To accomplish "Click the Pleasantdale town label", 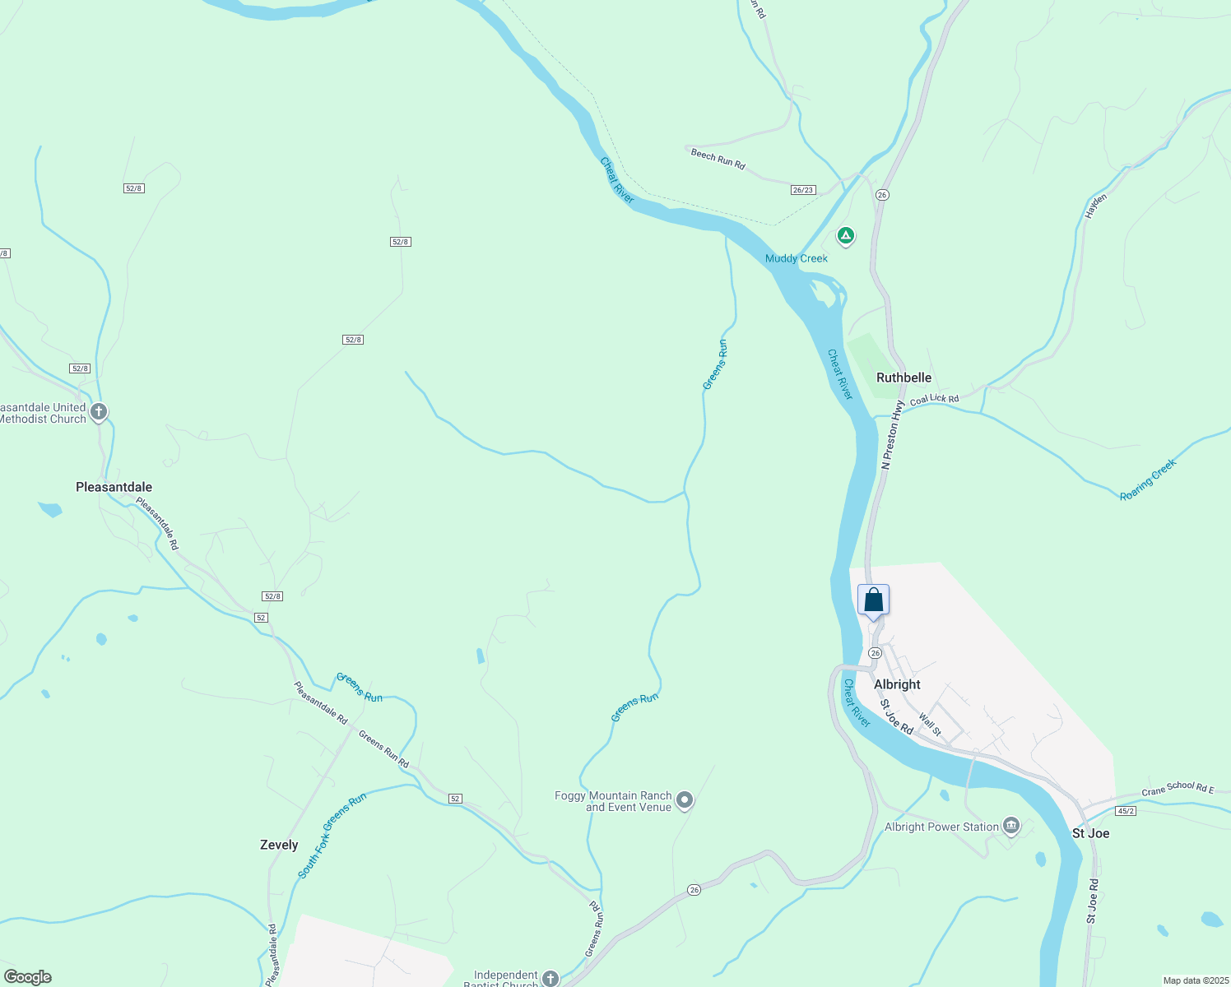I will pyautogui.click(x=114, y=487).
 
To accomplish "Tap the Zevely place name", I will pyautogui.click(x=279, y=845).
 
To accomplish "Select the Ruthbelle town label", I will pyautogui.click(x=904, y=378).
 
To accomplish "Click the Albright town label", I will pyautogui.click(x=897, y=684).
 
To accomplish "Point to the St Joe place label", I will pyautogui.click(x=1090, y=833).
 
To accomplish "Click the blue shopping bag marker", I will pyautogui.click(x=873, y=600).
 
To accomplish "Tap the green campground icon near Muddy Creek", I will pyautogui.click(x=845, y=236).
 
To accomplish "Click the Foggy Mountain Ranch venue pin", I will pyautogui.click(x=684, y=800).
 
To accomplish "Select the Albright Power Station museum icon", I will pyautogui.click(x=1011, y=826).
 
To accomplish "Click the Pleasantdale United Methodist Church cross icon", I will pyautogui.click(x=99, y=411).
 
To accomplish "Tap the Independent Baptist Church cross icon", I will pyautogui.click(x=550, y=978).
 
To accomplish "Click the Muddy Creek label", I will pyautogui.click(x=796, y=258).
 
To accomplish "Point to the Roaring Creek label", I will pyautogui.click(x=1148, y=480).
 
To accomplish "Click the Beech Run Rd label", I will pyautogui.click(x=718, y=159).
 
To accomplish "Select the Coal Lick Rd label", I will pyautogui.click(x=934, y=399).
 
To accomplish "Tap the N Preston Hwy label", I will pyautogui.click(x=892, y=435).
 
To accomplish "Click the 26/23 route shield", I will pyautogui.click(x=802, y=190).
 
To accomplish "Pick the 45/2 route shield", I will pyautogui.click(x=1126, y=811).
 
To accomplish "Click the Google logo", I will pyautogui.click(x=28, y=977).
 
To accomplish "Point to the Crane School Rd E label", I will pyautogui.click(x=1178, y=789).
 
